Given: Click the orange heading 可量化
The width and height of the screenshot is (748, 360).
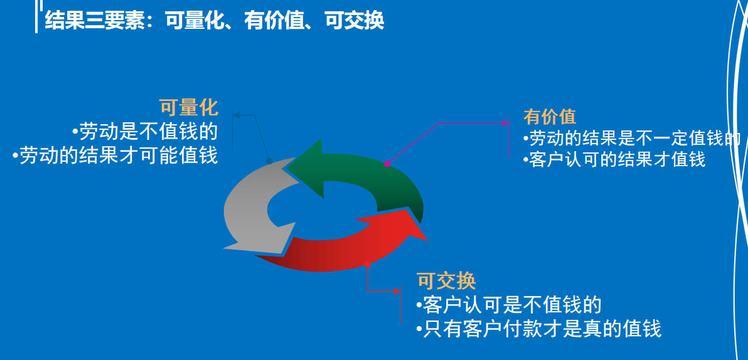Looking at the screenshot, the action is [x=188, y=107].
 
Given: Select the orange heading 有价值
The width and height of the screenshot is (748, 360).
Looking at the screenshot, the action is [x=550, y=117].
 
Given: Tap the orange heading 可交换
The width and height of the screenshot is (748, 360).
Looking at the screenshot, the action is [x=446, y=281].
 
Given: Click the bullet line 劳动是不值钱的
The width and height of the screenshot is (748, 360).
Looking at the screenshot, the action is [x=145, y=132].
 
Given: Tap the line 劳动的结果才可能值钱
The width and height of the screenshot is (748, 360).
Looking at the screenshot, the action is [x=115, y=155].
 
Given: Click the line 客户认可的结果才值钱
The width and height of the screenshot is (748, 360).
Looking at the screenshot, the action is [x=614, y=159].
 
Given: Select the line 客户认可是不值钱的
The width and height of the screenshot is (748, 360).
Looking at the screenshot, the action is [x=509, y=305].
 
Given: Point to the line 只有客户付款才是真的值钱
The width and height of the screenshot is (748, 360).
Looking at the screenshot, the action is [x=539, y=328].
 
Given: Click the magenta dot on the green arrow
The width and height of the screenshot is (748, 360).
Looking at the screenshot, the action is [x=387, y=164].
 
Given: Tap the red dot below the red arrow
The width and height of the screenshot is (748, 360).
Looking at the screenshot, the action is [x=368, y=265].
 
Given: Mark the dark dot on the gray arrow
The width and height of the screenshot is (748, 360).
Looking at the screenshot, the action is [x=269, y=161].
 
